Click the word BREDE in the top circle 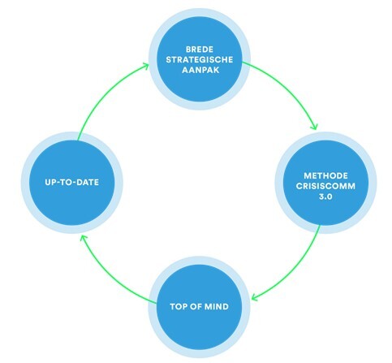[x=200, y=50]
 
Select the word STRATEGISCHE [x=200, y=59]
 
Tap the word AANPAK [x=200, y=70]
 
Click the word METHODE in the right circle [x=325, y=176]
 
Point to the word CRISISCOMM [x=325, y=186]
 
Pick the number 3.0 [x=325, y=197]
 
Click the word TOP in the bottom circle [x=179, y=306]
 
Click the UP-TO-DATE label [x=72, y=182]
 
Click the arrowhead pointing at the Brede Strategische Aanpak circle [x=145, y=67]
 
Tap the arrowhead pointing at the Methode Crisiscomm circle [x=314, y=126]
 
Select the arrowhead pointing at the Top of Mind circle [x=255, y=296]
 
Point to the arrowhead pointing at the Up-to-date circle [x=84, y=239]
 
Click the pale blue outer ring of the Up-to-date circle [x=25, y=182]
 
